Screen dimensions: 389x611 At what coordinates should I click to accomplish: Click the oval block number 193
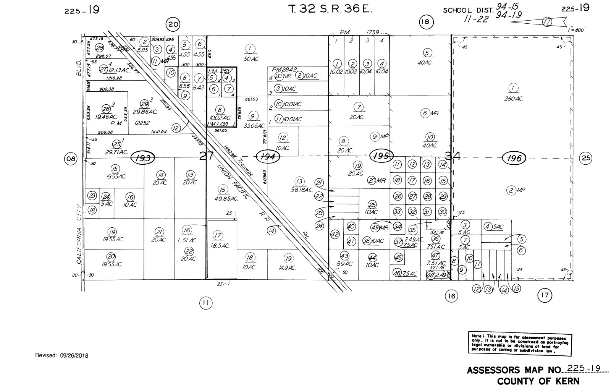point(143,157)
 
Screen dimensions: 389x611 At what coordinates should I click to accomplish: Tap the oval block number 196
point(514,158)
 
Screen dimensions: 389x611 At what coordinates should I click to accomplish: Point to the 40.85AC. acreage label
point(226,199)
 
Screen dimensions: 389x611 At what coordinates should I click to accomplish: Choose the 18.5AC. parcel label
point(220,246)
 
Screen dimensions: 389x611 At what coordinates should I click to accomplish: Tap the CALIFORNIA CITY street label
point(79,234)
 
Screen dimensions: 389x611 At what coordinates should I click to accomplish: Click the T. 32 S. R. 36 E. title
point(330,9)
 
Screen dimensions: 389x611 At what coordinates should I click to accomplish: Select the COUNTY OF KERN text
point(538,381)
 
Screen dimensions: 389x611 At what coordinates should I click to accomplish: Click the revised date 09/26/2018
point(61,355)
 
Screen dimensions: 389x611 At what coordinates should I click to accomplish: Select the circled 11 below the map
point(205,303)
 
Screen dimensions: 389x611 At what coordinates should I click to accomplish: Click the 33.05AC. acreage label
point(254,125)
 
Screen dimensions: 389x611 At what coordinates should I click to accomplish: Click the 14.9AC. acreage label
point(287,267)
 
